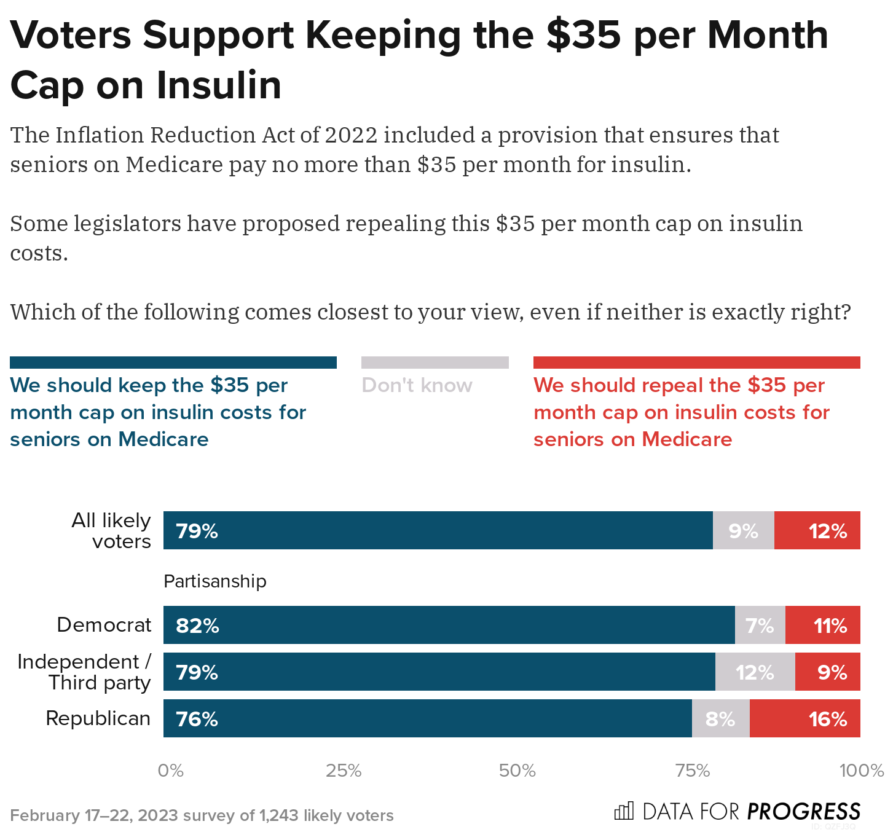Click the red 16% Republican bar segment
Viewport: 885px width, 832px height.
(804, 718)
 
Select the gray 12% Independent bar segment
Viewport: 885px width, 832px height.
(755, 672)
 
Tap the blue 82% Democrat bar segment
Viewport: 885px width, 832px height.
(449, 625)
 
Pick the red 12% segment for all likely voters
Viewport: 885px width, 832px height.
(817, 530)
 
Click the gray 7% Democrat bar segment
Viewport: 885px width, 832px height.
(760, 625)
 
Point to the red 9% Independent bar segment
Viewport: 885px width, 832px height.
(827, 672)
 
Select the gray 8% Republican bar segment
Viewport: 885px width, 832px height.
(720, 718)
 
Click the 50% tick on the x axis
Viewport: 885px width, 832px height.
(517, 771)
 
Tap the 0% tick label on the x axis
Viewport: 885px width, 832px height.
(171, 771)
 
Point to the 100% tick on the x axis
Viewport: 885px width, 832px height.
(861, 771)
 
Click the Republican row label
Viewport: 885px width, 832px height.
(98, 718)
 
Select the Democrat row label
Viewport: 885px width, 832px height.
(104, 625)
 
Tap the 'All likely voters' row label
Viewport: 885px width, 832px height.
(112, 530)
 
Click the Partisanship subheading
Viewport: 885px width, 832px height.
(215, 581)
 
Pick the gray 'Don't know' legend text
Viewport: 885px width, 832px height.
(417, 385)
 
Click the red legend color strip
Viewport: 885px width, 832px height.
(696, 363)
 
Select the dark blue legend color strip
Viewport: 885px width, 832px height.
(173, 363)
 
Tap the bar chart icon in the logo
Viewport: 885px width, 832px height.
(623, 811)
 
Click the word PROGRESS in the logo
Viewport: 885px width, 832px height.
(804, 812)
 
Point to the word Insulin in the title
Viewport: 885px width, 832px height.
(218, 85)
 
